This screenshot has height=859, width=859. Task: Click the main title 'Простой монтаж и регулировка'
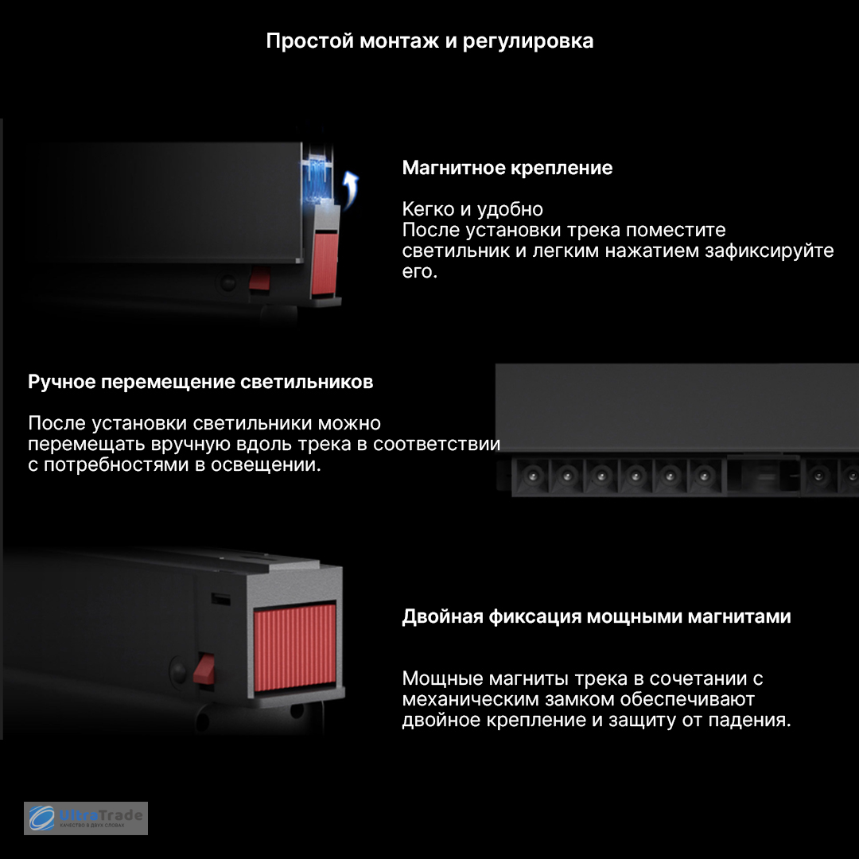click(x=429, y=41)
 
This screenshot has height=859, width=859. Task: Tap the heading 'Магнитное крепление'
click(x=507, y=168)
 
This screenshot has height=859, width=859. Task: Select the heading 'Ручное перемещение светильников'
click(x=200, y=382)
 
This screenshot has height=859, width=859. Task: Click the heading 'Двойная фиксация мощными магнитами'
click(x=597, y=617)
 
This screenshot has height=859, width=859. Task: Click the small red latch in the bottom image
click(x=204, y=668)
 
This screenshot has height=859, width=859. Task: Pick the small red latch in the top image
click(x=259, y=278)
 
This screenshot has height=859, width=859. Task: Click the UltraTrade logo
click(x=85, y=818)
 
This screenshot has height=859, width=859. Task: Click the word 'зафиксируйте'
click(x=769, y=251)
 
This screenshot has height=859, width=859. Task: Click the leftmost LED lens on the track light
click(x=532, y=476)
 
